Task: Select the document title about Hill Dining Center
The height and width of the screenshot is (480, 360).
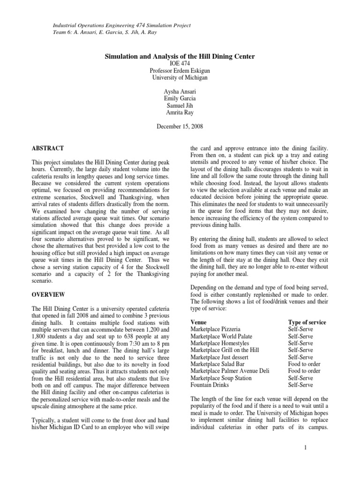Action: click(x=179, y=56)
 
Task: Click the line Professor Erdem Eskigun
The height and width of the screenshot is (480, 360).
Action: click(x=179, y=70)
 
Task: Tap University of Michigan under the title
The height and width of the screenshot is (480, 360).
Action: click(x=179, y=77)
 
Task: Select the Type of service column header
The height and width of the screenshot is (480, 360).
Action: click(x=307, y=322)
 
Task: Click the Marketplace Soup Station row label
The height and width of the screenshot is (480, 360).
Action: click(x=221, y=378)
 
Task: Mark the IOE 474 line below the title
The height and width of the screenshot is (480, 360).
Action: click(x=179, y=63)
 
